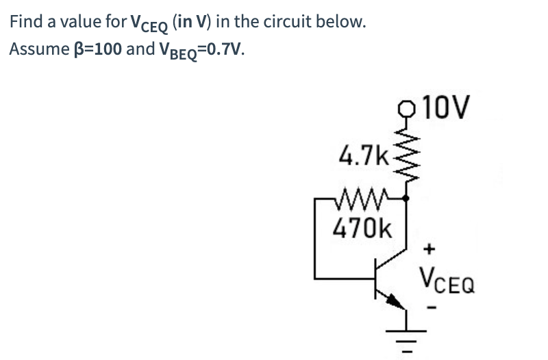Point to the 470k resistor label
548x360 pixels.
pyautogui.click(x=361, y=227)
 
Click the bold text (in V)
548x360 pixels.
pyautogui.click(x=199, y=22)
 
